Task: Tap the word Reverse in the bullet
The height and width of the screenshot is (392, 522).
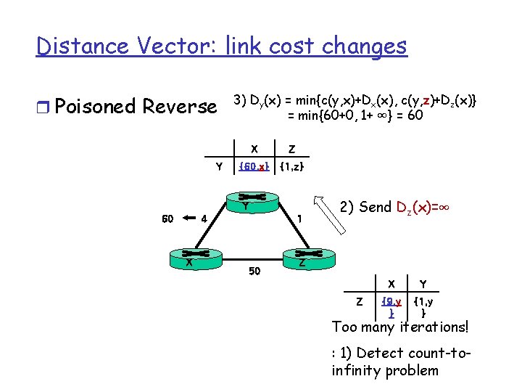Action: pos(180,107)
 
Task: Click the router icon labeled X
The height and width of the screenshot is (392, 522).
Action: pos(188,256)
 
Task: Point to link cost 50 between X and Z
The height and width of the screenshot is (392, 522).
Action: pos(254,271)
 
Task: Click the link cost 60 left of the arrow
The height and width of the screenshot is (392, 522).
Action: pos(167,217)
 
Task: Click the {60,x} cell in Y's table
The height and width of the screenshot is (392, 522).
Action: pos(254,168)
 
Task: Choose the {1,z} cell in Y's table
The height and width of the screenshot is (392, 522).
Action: pos(291,168)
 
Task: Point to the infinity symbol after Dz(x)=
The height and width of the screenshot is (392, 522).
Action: pos(444,207)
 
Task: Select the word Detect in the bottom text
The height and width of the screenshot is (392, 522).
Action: pos(381,354)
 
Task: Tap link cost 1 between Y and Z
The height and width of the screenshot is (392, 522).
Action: pos(299,217)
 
